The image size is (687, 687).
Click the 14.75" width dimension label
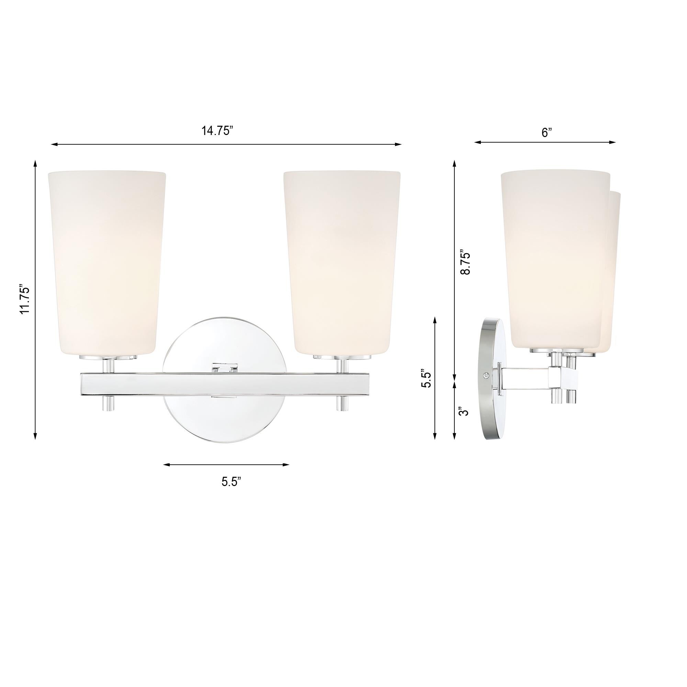[x=217, y=131]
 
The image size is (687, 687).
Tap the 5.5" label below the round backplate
[x=231, y=482]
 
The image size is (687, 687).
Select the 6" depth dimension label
[x=547, y=133]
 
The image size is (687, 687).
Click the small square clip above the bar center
[x=224, y=368]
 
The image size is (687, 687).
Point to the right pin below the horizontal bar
[x=342, y=403]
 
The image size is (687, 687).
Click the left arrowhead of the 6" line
[x=477, y=142]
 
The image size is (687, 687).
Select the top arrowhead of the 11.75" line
[x=35, y=164]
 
